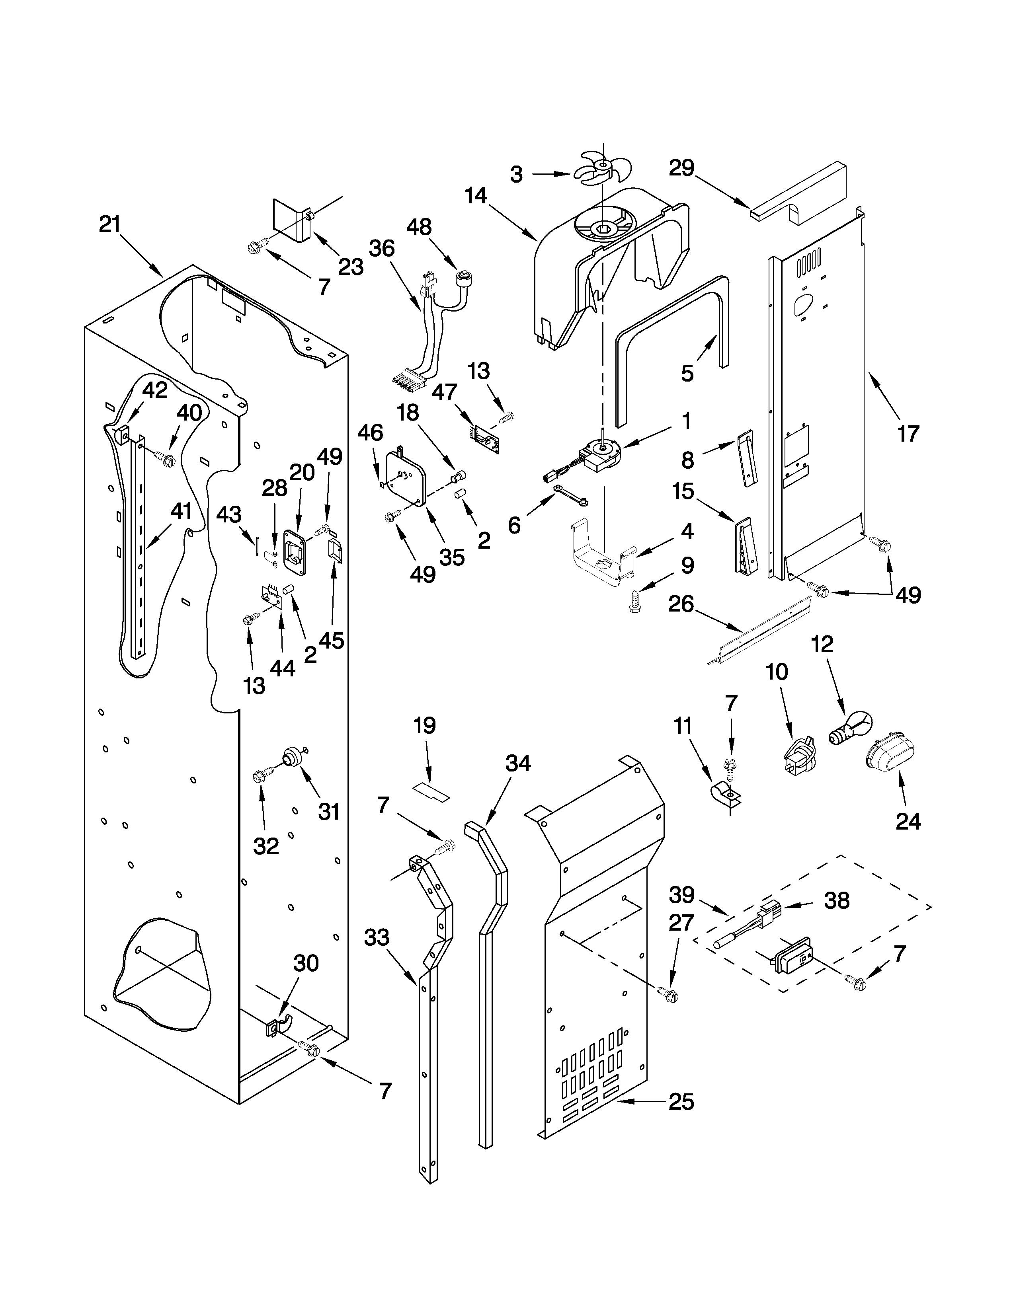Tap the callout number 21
click(x=110, y=224)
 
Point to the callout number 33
click(x=377, y=937)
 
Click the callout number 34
click(x=518, y=764)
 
